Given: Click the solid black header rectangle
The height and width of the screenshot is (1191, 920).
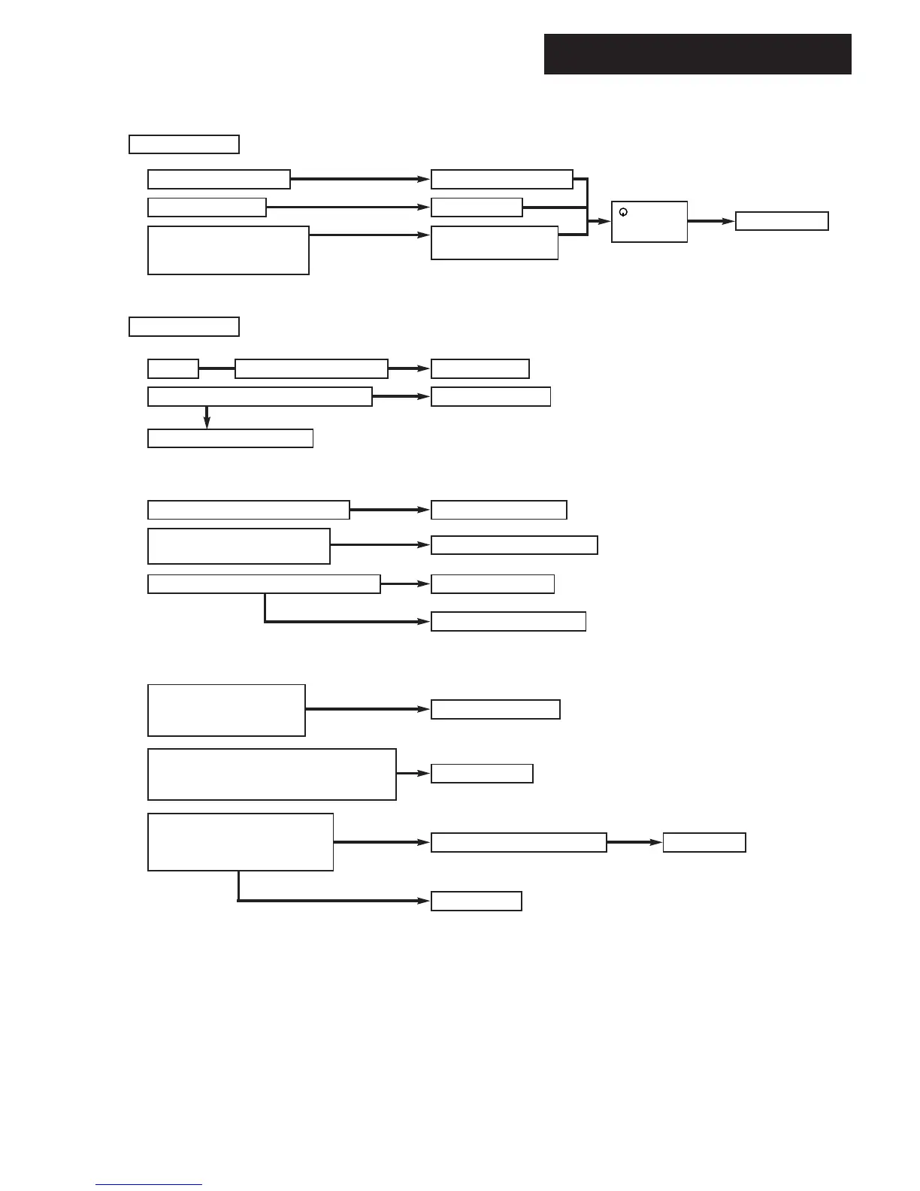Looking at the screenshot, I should (698, 54).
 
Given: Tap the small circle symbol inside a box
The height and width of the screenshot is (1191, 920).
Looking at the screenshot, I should (623, 213).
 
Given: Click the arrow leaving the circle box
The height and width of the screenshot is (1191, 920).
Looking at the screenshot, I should (710, 221).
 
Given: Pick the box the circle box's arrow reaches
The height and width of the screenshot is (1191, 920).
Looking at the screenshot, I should (782, 221).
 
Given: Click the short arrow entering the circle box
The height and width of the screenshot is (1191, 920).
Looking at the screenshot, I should (600, 221).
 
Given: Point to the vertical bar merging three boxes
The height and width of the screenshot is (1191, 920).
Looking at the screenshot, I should (587, 207).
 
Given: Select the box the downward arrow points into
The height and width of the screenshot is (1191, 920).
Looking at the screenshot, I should (230, 438).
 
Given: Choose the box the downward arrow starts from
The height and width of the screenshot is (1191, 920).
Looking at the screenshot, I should (260, 396).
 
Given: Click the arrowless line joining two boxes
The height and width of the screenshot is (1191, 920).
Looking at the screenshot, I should (216, 368).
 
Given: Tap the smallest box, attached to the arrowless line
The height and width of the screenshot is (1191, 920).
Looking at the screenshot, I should (173, 368).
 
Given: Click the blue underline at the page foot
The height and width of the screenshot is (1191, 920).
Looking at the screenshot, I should (149, 1185).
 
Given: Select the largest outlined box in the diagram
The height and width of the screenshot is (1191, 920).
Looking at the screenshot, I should (272, 774).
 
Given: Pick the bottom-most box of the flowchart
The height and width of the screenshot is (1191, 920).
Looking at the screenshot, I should (476, 901).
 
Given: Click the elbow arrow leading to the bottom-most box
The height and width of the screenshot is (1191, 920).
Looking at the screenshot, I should (331, 900).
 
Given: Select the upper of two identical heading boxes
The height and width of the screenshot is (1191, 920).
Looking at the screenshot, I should (184, 144).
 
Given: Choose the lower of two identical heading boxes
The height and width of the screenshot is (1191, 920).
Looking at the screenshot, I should (184, 326).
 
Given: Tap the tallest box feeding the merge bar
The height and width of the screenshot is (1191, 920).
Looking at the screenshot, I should (228, 250).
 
